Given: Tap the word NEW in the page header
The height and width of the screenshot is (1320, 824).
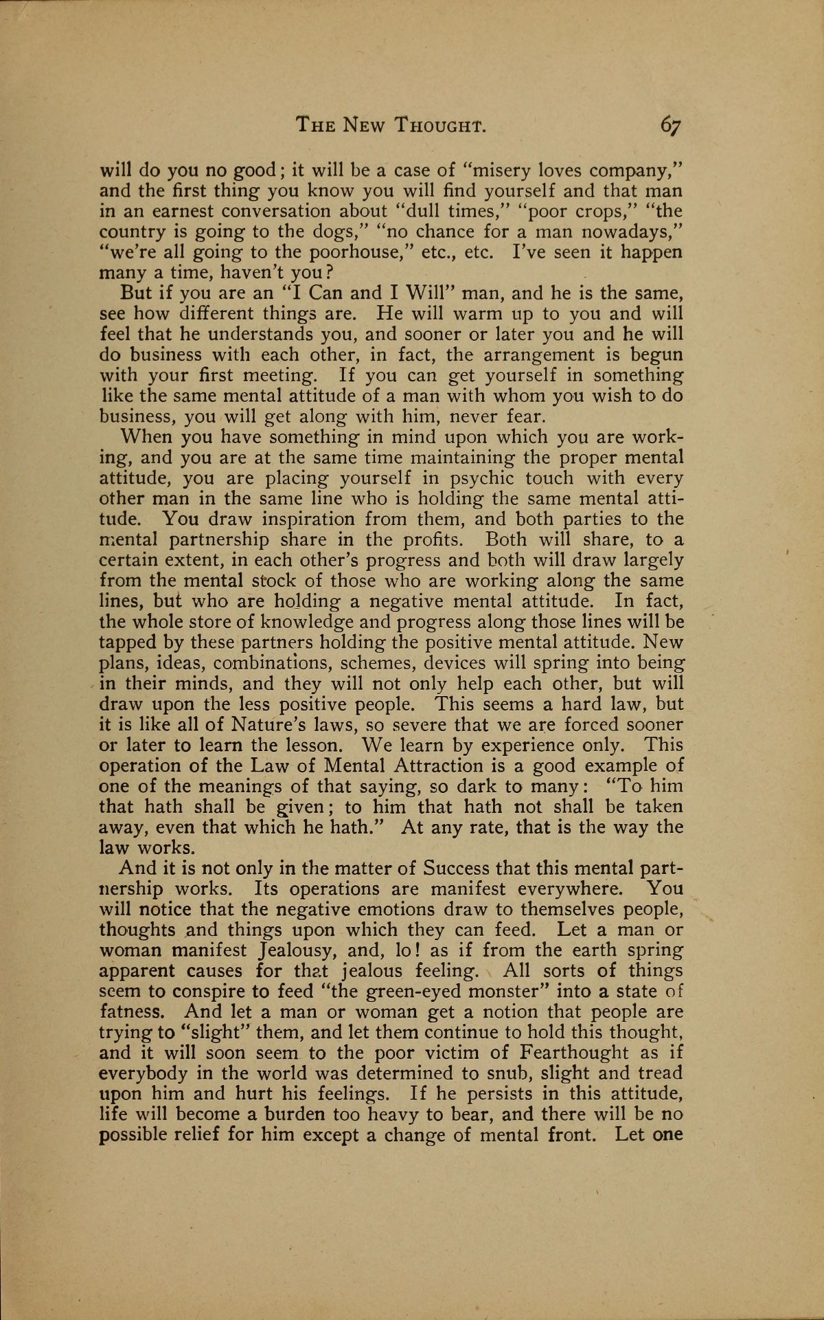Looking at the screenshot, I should pos(367,126).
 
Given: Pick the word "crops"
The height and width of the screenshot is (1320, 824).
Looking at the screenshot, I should pos(484,211).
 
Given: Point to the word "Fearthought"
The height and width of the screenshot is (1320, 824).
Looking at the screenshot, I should pos(575,1053).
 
